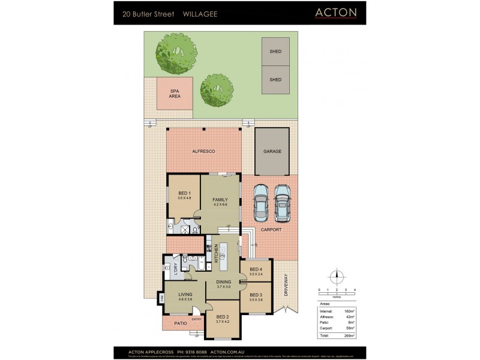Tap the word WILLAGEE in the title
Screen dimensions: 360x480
point(200,13)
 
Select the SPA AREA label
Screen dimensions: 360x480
point(175,93)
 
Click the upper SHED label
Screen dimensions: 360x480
point(275,52)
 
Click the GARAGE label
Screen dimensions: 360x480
point(272,152)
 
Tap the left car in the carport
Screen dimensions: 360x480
point(260,202)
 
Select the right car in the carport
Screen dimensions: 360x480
point(282,202)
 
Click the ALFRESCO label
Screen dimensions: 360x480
point(203,152)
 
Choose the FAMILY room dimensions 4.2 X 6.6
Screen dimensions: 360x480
point(220,205)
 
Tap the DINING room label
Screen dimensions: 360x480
point(223,282)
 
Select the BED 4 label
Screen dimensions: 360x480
point(256,269)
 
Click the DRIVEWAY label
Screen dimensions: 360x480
point(286,286)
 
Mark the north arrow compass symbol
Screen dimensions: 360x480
point(337,277)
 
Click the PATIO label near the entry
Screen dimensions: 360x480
point(180,323)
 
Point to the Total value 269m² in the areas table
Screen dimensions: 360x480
point(349,335)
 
